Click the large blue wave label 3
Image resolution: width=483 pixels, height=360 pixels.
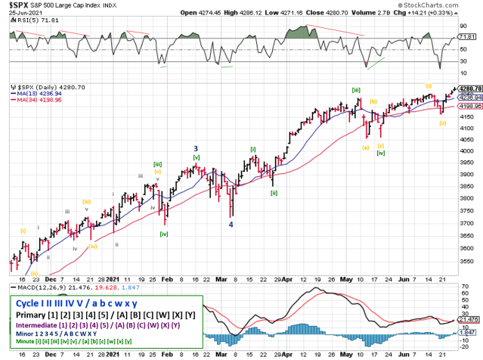(x=196, y=148)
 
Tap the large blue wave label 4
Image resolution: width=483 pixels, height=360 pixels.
(x=231, y=224)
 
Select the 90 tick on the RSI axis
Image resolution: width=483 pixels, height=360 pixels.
(x=466, y=26)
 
